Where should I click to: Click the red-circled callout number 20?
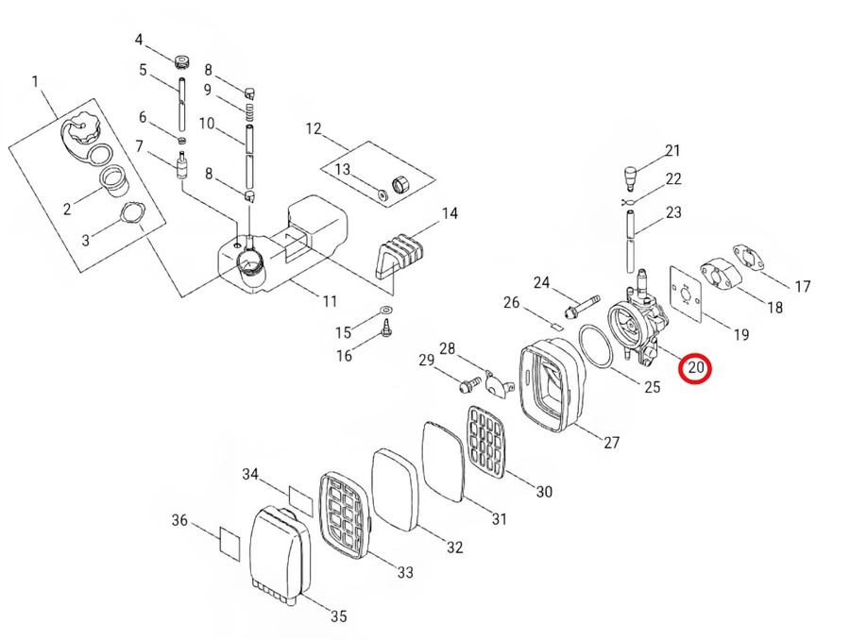click(x=696, y=367)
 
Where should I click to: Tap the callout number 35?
click(x=337, y=615)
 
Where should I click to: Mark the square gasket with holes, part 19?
click(x=691, y=287)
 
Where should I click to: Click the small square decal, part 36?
click(x=230, y=542)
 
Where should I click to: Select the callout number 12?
click(x=313, y=127)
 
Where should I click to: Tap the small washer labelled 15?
click(x=384, y=310)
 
